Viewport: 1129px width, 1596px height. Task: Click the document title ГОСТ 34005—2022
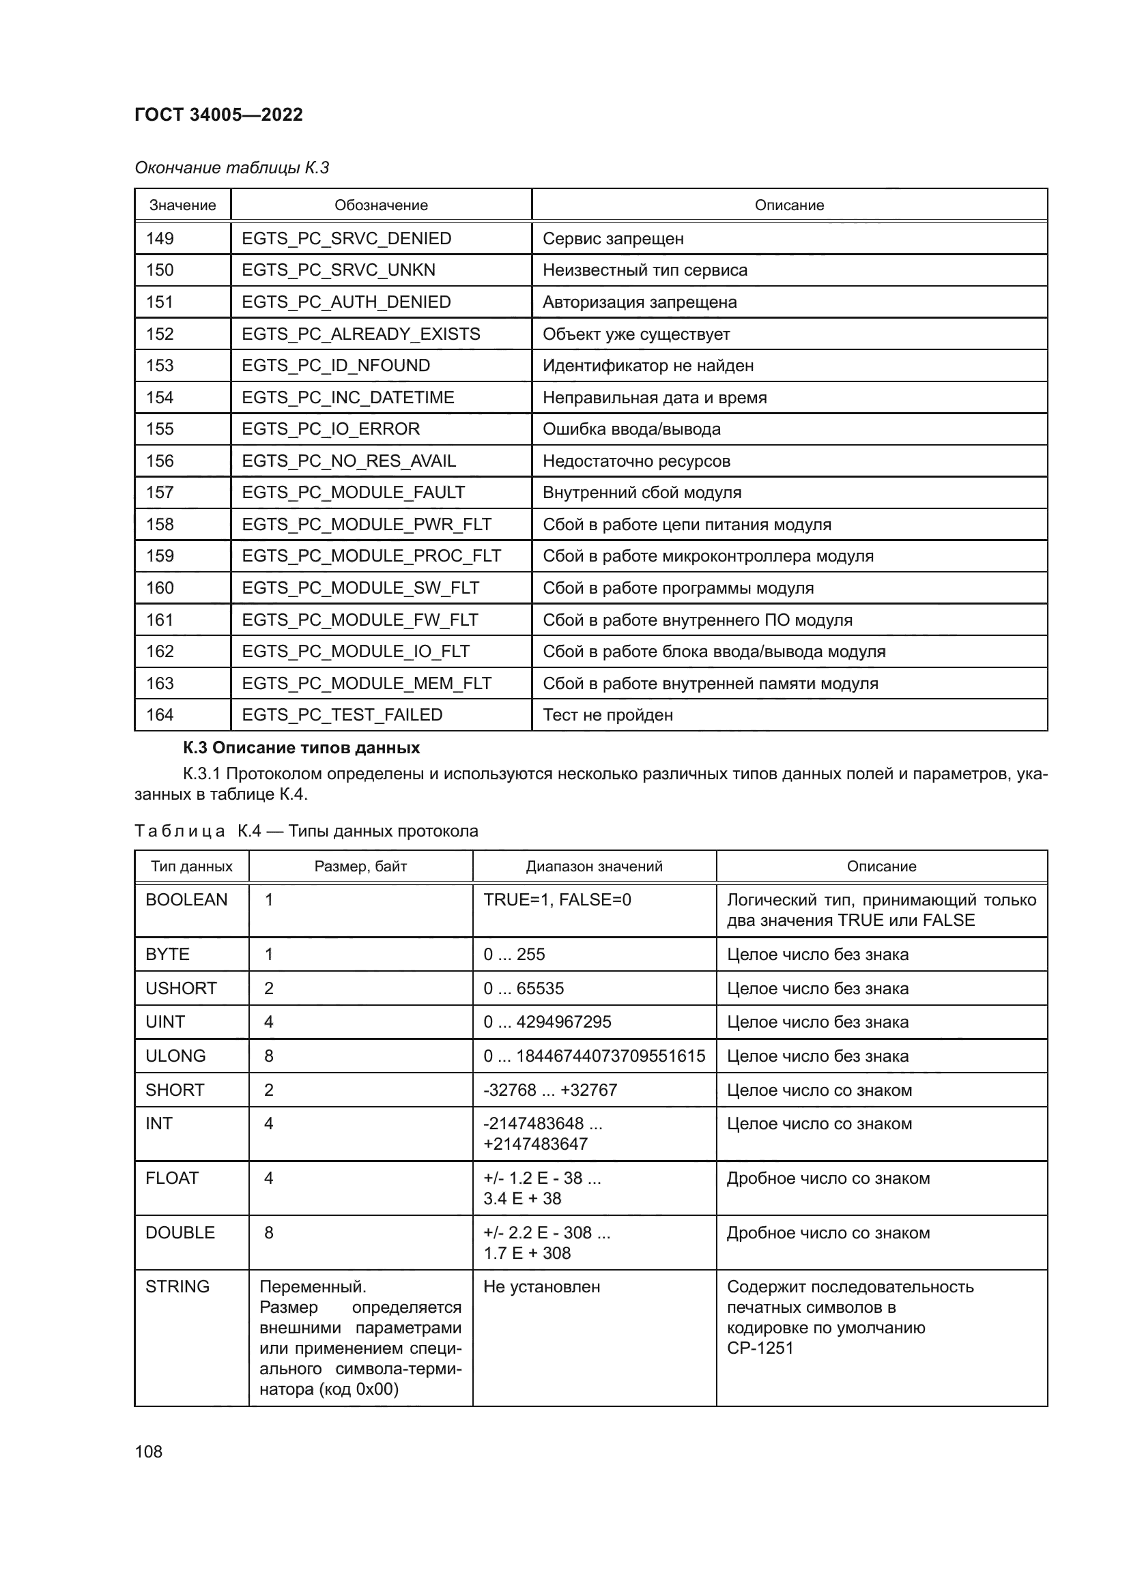coord(218,115)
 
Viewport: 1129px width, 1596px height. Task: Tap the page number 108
coord(148,1451)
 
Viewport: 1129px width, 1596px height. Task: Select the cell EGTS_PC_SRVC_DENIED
coord(346,238)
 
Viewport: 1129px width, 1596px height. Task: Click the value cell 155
coord(160,429)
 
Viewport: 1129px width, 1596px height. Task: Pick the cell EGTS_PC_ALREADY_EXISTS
coord(360,334)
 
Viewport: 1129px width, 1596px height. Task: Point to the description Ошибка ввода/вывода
coord(631,429)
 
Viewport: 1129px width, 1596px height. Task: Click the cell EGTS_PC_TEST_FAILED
coord(341,714)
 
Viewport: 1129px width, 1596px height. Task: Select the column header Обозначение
coord(381,205)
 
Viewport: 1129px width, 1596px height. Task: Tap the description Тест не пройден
coord(607,714)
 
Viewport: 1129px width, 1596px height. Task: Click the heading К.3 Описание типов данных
coord(301,748)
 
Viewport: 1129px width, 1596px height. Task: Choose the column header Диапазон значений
coord(594,866)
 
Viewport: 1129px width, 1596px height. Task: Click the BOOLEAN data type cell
coord(186,899)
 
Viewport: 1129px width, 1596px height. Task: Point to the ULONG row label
coord(175,1056)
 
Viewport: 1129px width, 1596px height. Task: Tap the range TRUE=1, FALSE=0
coord(557,899)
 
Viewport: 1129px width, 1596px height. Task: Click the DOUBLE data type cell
coord(180,1232)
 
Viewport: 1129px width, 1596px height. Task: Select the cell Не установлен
coord(541,1287)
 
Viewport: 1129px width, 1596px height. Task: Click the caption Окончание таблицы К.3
coord(231,168)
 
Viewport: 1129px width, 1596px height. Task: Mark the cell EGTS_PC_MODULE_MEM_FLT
coord(366,683)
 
